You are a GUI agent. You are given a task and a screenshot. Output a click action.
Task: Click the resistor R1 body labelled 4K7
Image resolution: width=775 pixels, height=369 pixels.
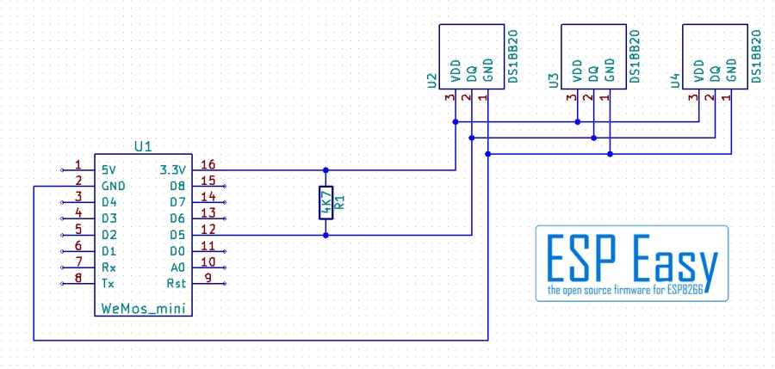[325, 202]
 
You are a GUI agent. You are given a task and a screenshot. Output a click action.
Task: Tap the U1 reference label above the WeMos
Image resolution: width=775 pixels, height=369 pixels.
[143, 146]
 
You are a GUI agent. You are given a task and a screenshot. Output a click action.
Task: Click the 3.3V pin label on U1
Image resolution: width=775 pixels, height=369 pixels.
[172, 170]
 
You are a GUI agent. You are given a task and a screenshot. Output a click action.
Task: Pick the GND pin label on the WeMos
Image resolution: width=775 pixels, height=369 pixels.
[113, 187]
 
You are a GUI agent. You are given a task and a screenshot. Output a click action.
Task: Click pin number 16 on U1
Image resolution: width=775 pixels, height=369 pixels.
[208, 164]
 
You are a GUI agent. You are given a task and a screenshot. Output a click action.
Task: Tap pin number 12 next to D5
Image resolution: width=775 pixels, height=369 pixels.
[208, 230]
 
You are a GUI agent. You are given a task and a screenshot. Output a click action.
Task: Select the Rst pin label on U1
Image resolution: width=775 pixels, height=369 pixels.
[177, 284]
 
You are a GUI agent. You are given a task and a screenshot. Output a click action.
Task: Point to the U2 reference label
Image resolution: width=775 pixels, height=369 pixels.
[431, 81]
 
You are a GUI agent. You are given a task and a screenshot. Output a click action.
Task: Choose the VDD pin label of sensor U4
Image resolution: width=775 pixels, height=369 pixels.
[698, 71]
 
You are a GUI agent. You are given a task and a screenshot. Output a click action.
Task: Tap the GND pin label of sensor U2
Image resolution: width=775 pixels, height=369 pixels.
[487, 71]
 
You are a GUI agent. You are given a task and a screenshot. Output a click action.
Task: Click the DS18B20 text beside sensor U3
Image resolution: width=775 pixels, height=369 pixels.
[635, 56]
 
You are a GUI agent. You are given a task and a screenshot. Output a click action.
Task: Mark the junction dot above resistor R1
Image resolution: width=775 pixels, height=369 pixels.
[325, 170]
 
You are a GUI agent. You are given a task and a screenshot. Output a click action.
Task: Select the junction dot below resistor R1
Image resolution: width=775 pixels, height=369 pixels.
[325, 236]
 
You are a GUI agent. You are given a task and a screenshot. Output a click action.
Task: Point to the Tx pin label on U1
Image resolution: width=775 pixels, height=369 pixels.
[108, 284]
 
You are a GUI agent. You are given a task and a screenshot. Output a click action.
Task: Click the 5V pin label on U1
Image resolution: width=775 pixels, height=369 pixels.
[108, 170]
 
